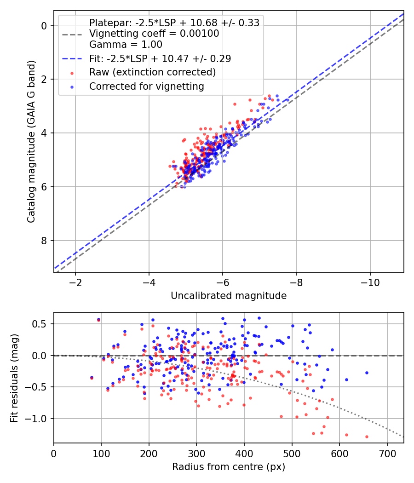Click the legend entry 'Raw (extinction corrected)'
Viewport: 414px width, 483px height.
coord(152,72)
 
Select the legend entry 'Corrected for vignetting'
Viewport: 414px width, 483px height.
coord(146,86)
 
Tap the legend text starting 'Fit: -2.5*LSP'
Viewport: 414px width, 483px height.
coord(160,58)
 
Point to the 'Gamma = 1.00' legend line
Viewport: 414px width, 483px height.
coord(126,45)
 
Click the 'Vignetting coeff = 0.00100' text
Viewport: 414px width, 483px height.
coord(154,34)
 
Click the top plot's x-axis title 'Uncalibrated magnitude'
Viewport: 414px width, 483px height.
coord(229,296)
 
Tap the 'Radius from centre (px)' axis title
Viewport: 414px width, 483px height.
coord(229,467)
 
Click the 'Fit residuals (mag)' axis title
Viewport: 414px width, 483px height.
coord(14,378)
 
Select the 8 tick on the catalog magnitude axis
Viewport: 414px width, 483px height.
coord(45,241)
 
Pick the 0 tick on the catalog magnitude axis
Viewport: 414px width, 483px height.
coord(45,26)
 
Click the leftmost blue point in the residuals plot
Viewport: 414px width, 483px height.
coord(92,377)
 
